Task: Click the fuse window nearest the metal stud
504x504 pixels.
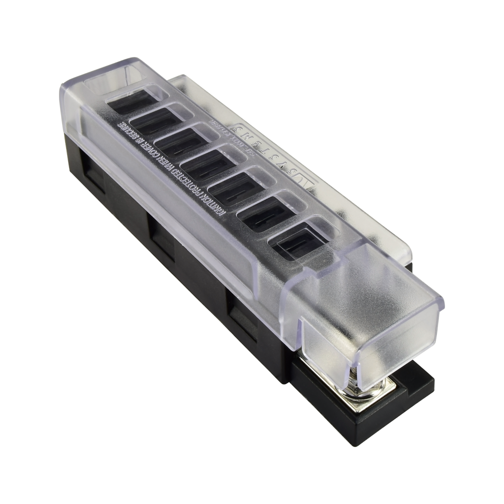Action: [x=297, y=244]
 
